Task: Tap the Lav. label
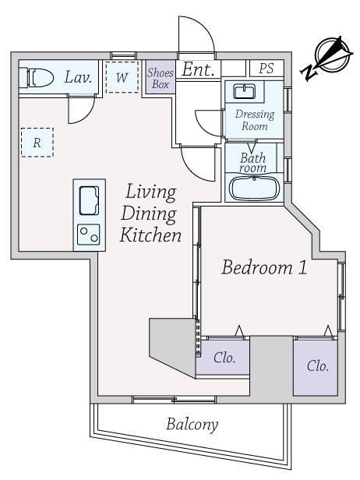[79, 77]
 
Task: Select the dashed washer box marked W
[122, 77]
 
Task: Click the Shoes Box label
[161, 79]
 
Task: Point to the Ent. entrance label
[198, 69]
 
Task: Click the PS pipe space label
[266, 69]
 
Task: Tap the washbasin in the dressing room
[245, 92]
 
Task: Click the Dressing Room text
[254, 120]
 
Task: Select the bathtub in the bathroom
[254, 188]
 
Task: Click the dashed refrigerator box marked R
[37, 143]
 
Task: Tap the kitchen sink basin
[89, 200]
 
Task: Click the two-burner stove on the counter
[89, 235]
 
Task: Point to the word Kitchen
[150, 235]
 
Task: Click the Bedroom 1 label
[264, 267]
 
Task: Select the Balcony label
[192, 425]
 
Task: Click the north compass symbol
[327, 58]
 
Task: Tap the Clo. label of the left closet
[224, 358]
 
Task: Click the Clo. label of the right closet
[318, 366]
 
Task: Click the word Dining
[149, 214]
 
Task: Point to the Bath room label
[253, 163]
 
